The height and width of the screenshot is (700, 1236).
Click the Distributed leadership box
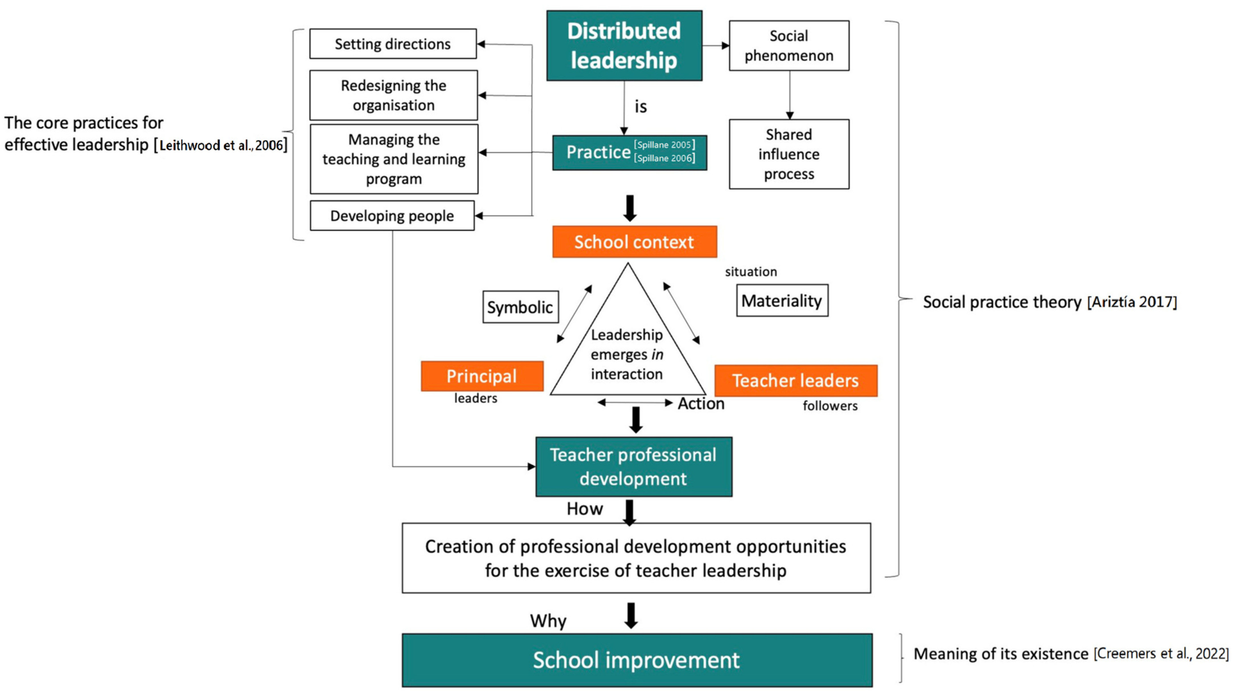pos(624,46)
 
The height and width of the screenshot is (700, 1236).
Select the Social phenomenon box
pos(789,46)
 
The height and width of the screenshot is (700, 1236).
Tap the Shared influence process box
pos(789,154)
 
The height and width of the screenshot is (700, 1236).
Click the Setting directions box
pos(393,44)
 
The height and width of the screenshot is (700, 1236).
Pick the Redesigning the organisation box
pos(393,95)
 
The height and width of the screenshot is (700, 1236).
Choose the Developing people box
pos(392,216)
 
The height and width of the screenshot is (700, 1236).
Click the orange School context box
pos(634,242)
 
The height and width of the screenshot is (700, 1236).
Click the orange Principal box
pos(482,376)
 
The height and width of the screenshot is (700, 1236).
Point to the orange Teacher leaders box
pos(795,380)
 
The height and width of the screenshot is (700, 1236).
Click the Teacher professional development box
pos(633,466)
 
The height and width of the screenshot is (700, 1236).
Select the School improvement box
pos(636,660)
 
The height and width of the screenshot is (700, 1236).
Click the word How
pos(584,509)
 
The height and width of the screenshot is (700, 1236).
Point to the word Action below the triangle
pos(701,403)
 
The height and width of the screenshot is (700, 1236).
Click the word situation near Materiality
pos(751,272)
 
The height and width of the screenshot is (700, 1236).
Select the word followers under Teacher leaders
pos(830,406)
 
